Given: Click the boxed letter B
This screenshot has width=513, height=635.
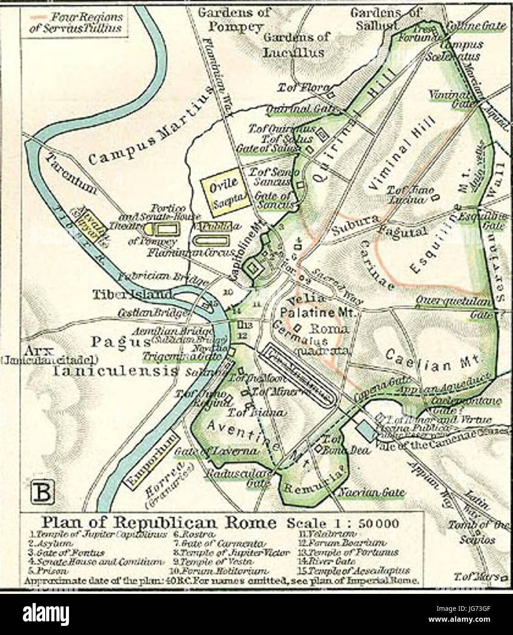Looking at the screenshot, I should tap(42, 492).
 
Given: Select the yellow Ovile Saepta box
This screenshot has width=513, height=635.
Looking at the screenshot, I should tap(225, 190).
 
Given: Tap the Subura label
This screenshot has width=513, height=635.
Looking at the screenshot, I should tap(354, 223).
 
